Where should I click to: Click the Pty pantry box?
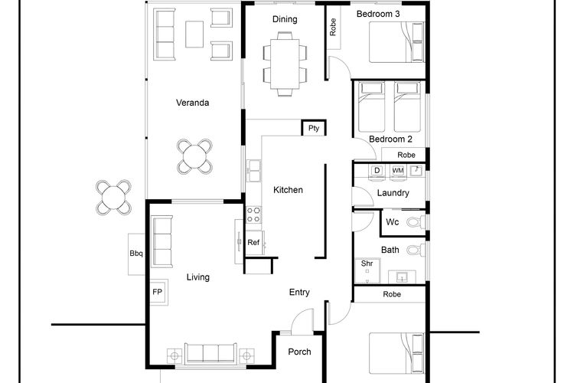coord(314,128)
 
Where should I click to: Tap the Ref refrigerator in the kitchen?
coord(254,243)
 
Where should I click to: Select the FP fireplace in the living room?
coord(158,292)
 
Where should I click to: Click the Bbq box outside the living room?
coord(136,254)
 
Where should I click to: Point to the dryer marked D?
coord(377,171)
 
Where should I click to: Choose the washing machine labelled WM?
coord(398,171)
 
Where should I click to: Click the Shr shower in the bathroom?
coord(367,270)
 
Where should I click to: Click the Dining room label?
coord(285,19)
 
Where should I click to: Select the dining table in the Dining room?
coord(285,64)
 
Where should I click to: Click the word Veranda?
coord(193,103)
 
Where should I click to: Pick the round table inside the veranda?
coord(194,156)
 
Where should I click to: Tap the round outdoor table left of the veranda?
coord(114,197)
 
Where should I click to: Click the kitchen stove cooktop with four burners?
coord(253,214)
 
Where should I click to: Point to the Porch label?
coord(299,352)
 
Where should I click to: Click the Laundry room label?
coord(393,193)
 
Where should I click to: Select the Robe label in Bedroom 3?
coord(333,27)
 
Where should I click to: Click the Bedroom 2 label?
coord(390,139)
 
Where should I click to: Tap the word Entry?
coord(299,292)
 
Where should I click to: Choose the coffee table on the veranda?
coord(194,34)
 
